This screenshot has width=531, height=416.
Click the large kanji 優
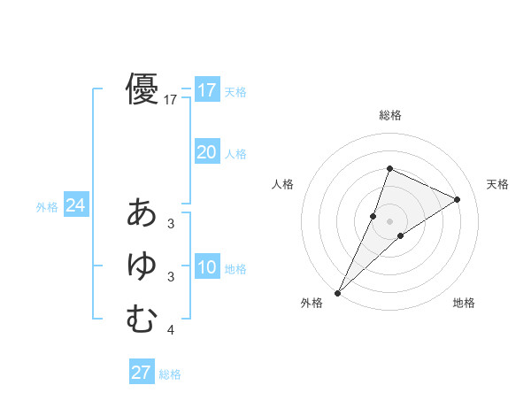[142, 89]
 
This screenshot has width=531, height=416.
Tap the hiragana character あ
[142, 213]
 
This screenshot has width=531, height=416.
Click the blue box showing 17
[207, 90]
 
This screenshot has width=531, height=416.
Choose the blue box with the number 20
[207, 152]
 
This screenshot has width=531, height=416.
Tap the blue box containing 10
[207, 267]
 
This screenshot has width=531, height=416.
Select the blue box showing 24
[75, 205]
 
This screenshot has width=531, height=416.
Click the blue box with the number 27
[142, 373]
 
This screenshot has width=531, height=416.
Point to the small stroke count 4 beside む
[171, 331]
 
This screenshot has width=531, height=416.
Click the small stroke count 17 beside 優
[171, 101]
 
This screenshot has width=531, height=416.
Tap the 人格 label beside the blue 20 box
[235, 154]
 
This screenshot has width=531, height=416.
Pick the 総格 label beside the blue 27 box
[170, 374]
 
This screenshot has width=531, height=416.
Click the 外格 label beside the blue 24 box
[47, 207]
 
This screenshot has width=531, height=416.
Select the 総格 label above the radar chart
[389, 115]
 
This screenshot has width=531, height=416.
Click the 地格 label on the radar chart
[464, 303]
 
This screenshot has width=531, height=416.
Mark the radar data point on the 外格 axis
[338, 292]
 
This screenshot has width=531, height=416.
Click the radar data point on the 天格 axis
[458, 199]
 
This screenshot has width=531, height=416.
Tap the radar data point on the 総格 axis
[389, 168]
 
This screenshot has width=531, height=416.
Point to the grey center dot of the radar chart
[389, 221]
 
